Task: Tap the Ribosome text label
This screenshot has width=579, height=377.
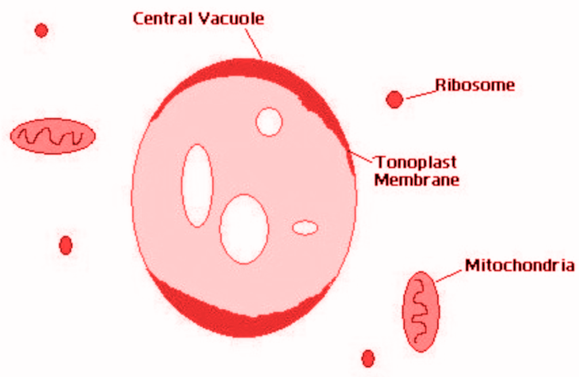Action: (475, 85)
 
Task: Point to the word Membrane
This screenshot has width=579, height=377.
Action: (417, 180)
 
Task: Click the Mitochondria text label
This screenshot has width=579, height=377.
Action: (519, 265)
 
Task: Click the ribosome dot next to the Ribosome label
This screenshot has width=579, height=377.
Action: (395, 100)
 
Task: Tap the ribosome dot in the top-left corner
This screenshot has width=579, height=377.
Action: (41, 31)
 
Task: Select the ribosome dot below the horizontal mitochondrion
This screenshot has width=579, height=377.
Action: (66, 245)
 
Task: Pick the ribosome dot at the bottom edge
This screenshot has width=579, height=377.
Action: (368, 358)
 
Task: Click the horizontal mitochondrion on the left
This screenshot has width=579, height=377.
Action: (52, 136)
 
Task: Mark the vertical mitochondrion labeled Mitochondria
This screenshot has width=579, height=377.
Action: (420, 311)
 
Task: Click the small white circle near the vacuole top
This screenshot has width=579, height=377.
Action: (269, 121)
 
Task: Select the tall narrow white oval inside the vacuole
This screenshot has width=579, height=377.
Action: (197, 185)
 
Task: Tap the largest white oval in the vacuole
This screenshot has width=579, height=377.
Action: (244, 229)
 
